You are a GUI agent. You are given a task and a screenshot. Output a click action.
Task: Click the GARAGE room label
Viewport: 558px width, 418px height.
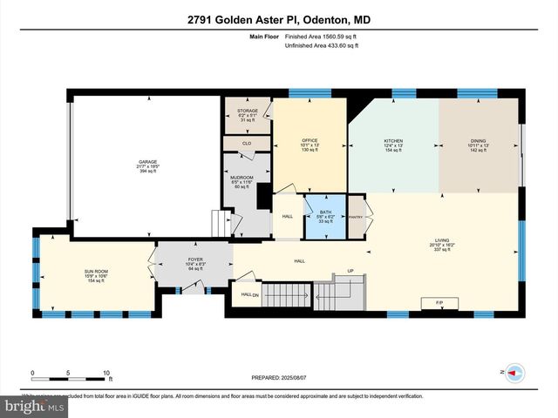[x=146, y=161]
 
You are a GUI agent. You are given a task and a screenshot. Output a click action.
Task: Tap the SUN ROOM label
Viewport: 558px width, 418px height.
[x=94, y=272]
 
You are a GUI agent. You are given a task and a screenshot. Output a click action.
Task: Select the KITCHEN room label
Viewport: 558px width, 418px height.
[x=394, y=141]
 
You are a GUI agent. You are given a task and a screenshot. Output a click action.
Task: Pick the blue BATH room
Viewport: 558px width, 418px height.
[x=325, y=217]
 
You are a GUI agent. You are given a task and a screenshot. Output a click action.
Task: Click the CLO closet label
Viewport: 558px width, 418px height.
[x=247, y=144]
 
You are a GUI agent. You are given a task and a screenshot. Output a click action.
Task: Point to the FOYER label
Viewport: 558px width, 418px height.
[x=195, y=260]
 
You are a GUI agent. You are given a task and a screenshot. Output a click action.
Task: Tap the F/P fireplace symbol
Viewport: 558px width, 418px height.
[x=439, y=302]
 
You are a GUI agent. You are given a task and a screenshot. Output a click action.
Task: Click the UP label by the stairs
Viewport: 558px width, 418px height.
[x=351, y=271]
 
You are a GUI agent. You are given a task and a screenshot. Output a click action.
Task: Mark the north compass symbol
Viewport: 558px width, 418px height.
[x=513, y=372]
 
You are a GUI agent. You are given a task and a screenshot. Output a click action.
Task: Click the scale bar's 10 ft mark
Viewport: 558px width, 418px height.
[x=108, y=373]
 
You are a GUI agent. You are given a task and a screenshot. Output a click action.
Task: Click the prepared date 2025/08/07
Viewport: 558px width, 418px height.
[x=280, y=378]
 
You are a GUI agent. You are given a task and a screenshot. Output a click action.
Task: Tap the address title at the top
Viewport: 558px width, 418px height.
[x=279, y=19]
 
